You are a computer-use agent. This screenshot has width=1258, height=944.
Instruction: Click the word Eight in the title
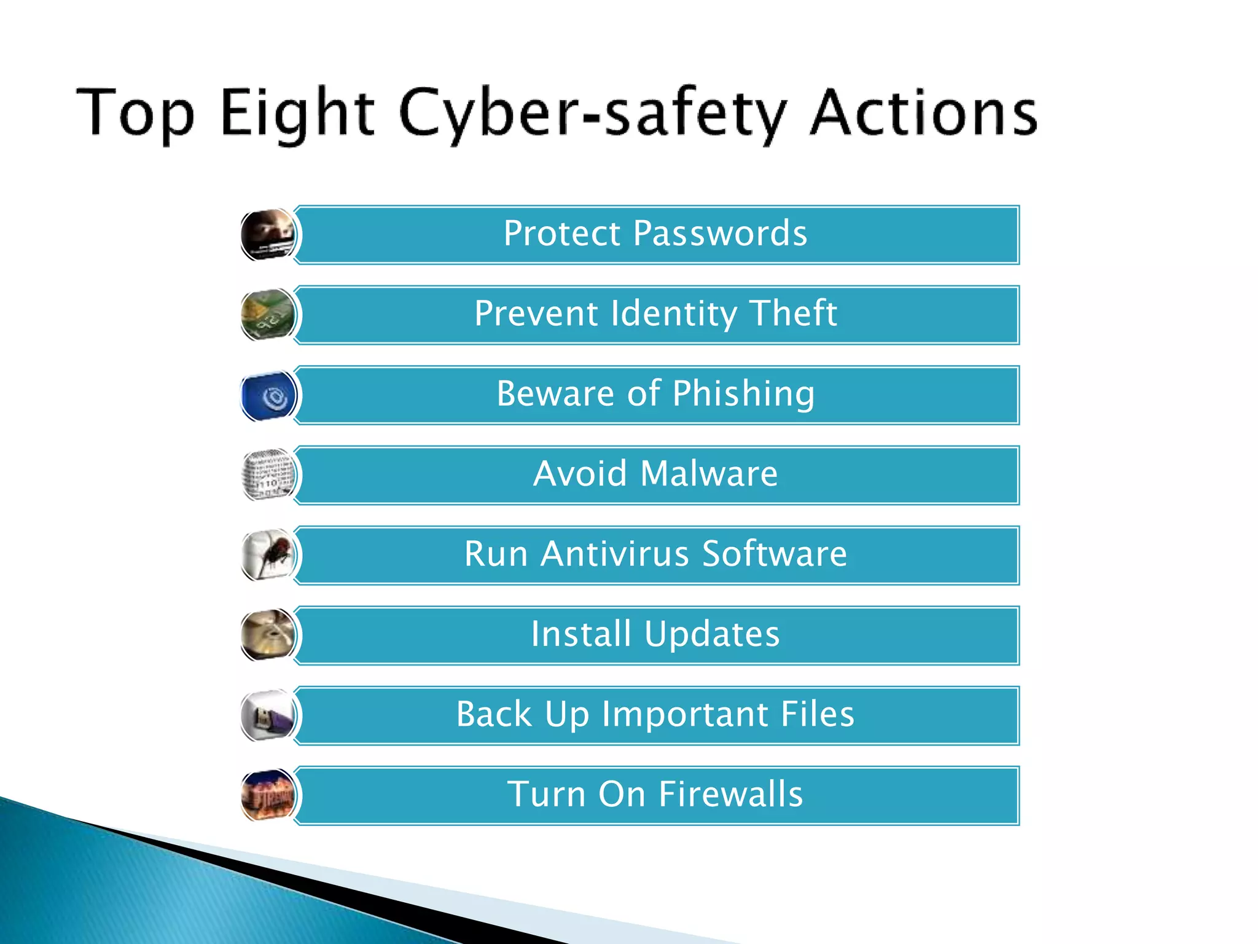(x=297, y=113)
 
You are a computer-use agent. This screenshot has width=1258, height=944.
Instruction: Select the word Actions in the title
(x=923, y=113)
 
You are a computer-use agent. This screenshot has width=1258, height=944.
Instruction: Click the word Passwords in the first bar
(x=720, y=234)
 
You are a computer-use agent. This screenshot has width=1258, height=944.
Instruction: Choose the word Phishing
(x=743, y=394)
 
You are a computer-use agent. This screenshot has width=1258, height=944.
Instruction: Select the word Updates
(x=712, y=634)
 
